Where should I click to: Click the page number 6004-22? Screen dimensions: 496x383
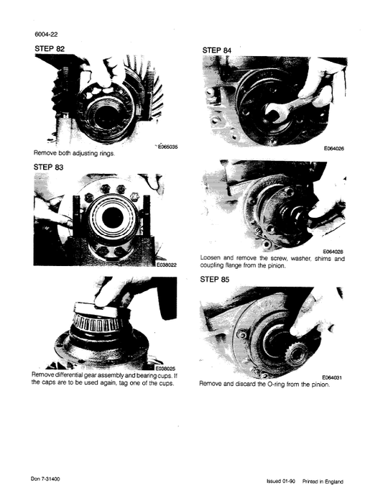point(45,35)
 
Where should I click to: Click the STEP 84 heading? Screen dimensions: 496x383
point(219,50)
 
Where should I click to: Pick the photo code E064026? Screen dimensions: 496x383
point(334,149)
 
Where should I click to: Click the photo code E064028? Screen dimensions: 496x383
point(334,252)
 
